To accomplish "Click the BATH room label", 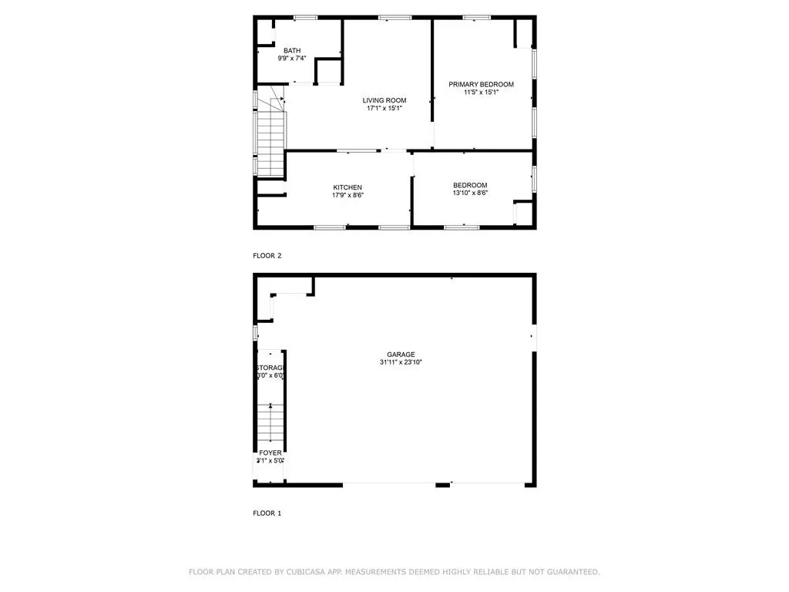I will coord(292,50).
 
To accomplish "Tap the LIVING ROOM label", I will coord(384,100).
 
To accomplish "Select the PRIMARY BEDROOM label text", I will coord(481,84).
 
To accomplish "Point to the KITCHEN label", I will coord(347,187).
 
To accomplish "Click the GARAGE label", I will coord(401,354).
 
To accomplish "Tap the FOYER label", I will coord(270,452).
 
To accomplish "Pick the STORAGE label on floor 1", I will coord(270,368).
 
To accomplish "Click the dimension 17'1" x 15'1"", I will coord(384,109).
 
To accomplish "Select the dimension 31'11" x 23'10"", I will coord(401,362).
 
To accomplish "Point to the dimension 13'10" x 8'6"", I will coord(470,193).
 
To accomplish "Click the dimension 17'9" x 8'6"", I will coord(347,196).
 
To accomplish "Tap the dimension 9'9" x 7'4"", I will coord(292,59).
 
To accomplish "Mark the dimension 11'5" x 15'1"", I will coord(481,92).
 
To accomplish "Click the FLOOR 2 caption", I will coord(267,255).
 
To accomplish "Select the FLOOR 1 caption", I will coord(267,513).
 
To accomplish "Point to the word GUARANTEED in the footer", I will coord(572,572).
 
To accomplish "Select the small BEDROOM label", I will coord(470,185).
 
